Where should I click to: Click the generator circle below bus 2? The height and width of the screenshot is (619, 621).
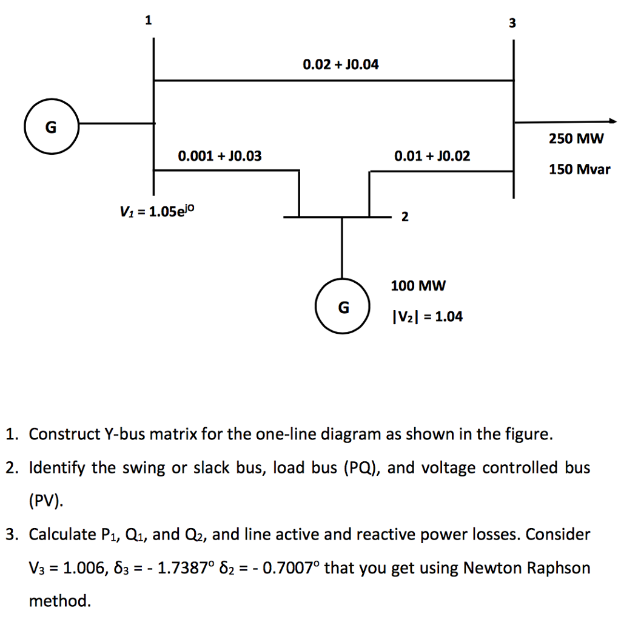(343, 308)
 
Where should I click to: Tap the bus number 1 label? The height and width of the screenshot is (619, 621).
(147, 21)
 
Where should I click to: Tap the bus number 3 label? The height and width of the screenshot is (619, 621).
(512, 24)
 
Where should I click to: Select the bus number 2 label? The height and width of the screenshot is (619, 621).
(404, 218)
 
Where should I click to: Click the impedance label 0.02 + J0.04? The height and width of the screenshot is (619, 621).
(340, 64)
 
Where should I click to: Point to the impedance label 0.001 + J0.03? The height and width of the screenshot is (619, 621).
(220, 157)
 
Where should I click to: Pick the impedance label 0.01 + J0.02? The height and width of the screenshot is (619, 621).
(432, 157)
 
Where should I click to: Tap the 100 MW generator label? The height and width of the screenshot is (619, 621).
(418, 285)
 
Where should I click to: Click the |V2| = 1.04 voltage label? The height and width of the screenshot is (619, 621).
(427, 316)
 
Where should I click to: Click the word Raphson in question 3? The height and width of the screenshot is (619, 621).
(559, 568)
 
